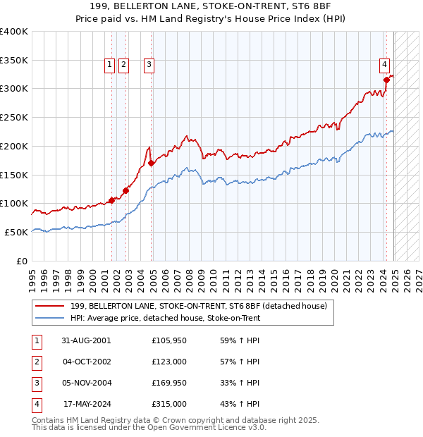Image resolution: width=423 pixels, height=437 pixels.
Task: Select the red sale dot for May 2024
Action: (386, 80)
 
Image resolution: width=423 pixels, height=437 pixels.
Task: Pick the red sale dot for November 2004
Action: (152, 163)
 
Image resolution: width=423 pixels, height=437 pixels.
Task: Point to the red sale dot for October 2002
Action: (126, 190)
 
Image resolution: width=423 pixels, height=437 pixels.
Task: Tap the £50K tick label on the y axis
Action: (17, 232)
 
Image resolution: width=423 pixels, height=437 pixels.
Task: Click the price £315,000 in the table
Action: (169, 404)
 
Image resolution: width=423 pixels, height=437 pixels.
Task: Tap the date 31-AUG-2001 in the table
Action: (86, 340)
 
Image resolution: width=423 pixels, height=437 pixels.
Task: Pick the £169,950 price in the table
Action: (169, 383)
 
